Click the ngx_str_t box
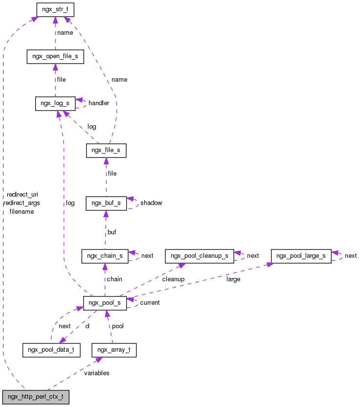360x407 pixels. click(x=55, y=9)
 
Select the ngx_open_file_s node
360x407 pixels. click(x=55, y=57)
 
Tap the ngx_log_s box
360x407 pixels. click(x=55, y=103)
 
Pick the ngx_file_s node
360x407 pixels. click(x=106, y=151)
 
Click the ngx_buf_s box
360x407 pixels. click(x=106, y=203)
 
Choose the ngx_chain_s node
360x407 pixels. click(x=105, y=256)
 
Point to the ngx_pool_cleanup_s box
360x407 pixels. click(x=199, y=256)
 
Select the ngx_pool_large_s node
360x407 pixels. click(x=301, y=256)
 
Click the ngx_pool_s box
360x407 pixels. click(x=105, y=303)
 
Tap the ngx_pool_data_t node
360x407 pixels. click(x=51, y=350)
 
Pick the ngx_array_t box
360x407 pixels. click(x=113, y=350)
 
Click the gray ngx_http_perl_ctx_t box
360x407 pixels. click(x=35, y=397)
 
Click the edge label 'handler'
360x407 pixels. click(x=99, y=103)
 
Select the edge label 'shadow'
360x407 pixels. click(x=151, y=203)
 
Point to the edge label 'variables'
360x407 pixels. click(x=96, y=373)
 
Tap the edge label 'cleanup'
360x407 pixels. click(x=173, y=279)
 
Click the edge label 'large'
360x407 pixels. click(x=233, y=279)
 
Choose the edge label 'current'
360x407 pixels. click(x=150, y=303)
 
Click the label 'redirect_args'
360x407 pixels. click(x=22, y=203)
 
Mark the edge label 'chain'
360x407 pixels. click(x=114, y=279)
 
